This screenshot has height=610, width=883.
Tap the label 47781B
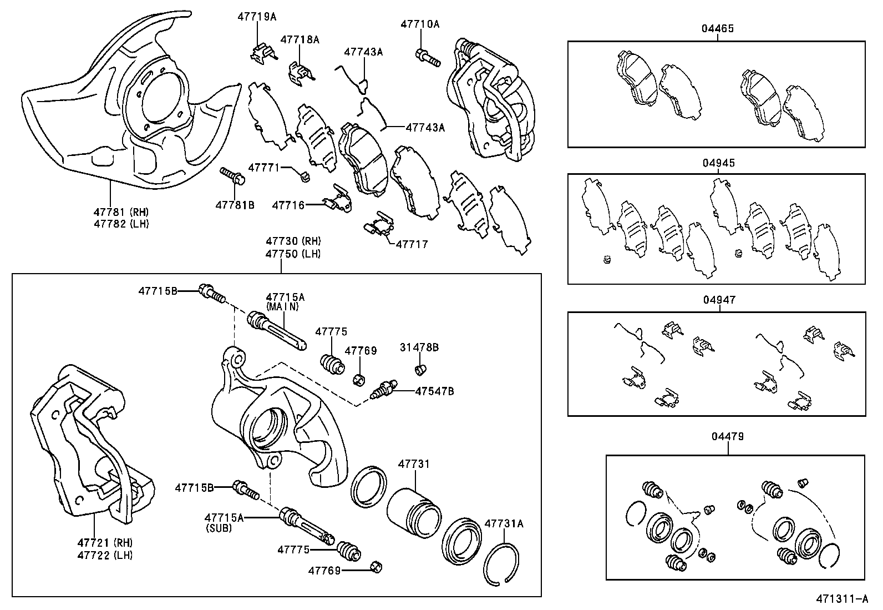pyautogui.click(x=235, y=205)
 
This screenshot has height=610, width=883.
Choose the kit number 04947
pyautogui.click(x=719, y=300)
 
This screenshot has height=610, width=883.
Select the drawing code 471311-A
pyautogui.click(x=841, y=599)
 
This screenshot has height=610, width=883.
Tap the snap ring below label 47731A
pyautogui.click(x=501, y=563)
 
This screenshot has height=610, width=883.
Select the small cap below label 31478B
pyautogui.click(x=420, y=369)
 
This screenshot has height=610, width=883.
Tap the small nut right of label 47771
pyautogui.click(x=305, y=177)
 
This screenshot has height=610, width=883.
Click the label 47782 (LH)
pyautogui.click(x=121, y=224)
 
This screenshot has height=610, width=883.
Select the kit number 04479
pyautogui.click(x=728, y=437)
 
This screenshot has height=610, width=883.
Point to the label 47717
pyautogui.click(x=412, y=244)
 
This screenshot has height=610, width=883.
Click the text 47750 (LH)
pyautogui.click(x=293, y=254)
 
